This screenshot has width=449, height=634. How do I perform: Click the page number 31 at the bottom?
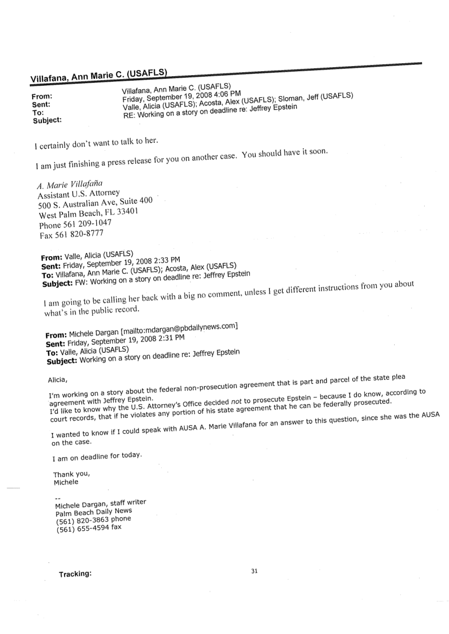click(254, 571)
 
